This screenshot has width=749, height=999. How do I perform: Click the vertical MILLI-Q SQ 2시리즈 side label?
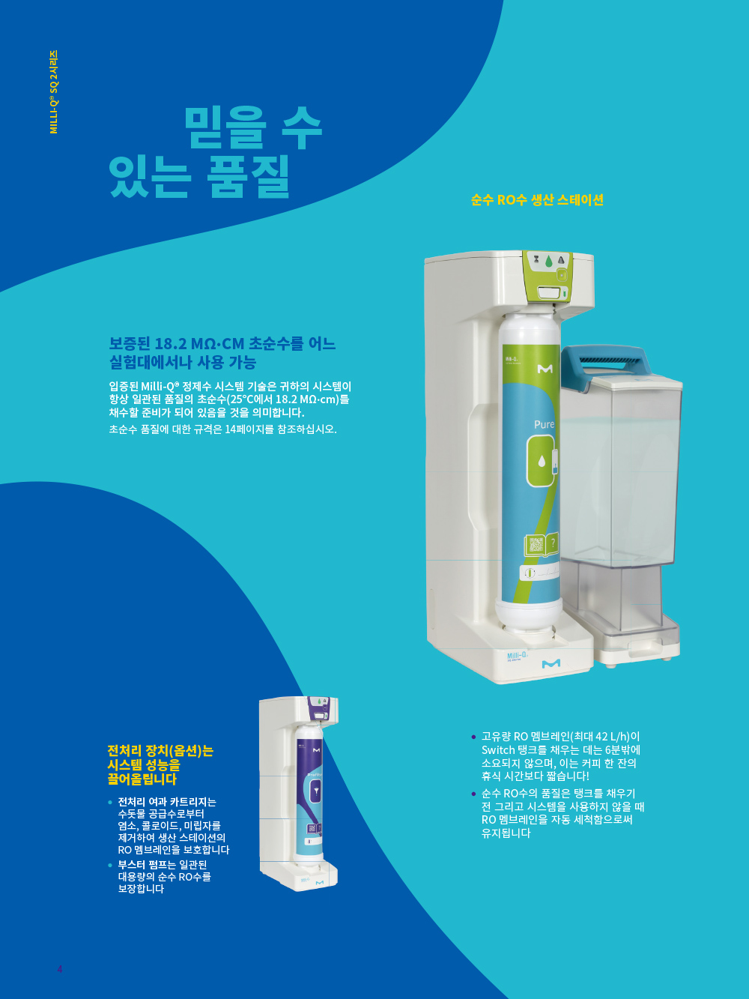click(54, 92)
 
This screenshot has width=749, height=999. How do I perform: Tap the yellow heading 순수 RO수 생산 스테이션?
click(537, 200)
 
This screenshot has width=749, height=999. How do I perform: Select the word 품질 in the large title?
click(249, 176)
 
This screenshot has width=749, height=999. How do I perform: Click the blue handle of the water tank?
click(605, 360)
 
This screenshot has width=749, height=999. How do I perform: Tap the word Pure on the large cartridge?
click(544, 424)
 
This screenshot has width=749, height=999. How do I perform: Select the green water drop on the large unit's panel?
click(549, 262)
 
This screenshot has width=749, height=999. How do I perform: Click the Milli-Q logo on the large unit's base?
click(517, 656)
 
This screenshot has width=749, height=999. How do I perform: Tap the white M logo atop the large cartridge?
click(545, 369)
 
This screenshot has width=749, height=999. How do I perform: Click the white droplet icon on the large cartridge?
click(542, 462)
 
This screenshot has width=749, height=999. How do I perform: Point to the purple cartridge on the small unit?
click(309, 792)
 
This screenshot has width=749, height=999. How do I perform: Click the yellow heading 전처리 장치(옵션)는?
click(160, 750)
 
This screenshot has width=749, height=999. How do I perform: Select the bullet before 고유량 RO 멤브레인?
click(473, 737)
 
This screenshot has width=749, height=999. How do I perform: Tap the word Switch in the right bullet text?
click(496, 749)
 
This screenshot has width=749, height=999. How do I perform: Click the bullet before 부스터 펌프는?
click(110, 865)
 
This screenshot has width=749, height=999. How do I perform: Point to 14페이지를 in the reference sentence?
click(249, 429)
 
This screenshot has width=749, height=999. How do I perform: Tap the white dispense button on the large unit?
click(549, 292)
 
